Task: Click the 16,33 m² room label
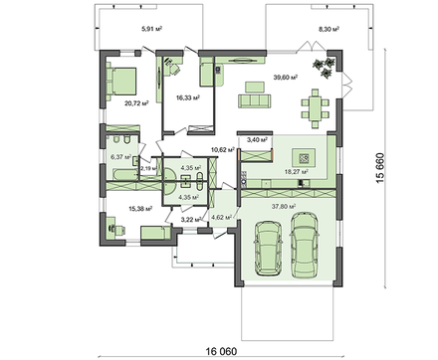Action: [x=188, y=98]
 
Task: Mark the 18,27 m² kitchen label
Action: [x=297, y=172]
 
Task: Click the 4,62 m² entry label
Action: [x=222, y=216]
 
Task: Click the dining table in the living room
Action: [x=314, y=104]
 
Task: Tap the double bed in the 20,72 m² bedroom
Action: [x=123, y=77]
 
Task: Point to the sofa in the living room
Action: [x=255, y=101]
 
